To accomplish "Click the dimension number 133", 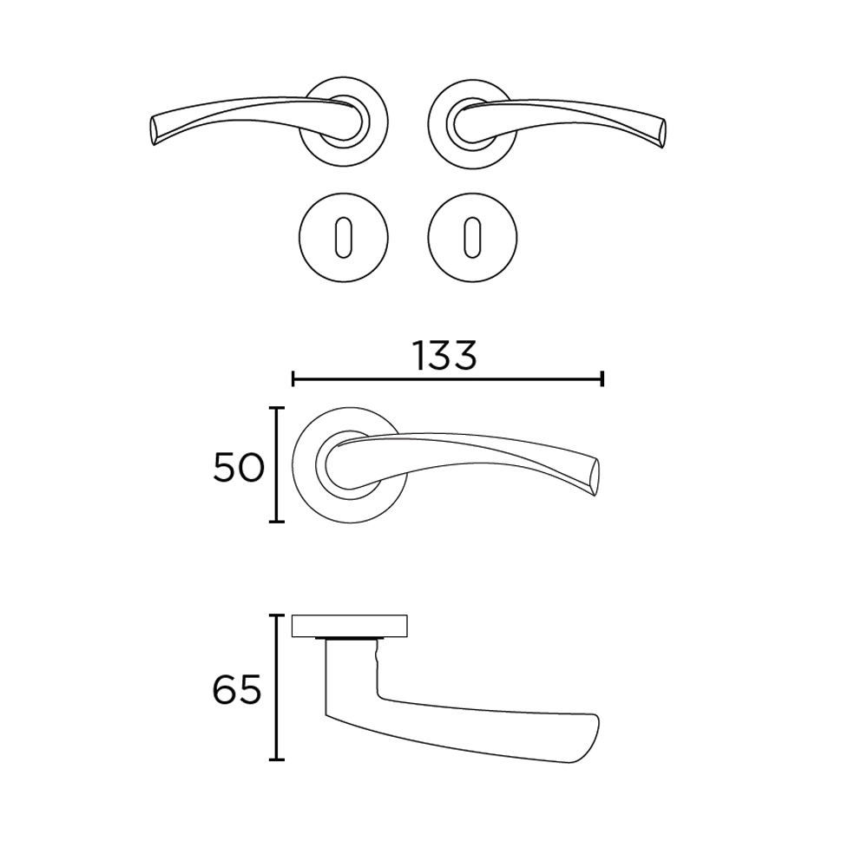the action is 444,356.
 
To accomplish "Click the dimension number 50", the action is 239,468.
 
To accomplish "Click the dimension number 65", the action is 237,690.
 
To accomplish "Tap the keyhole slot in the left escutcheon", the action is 343,238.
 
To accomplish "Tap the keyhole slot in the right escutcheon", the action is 472,238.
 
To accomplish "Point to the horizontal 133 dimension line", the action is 447,380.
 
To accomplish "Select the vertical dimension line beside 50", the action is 276,464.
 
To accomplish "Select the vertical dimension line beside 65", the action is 276,687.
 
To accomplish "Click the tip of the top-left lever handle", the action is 153,131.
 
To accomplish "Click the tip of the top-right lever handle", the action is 663,133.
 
